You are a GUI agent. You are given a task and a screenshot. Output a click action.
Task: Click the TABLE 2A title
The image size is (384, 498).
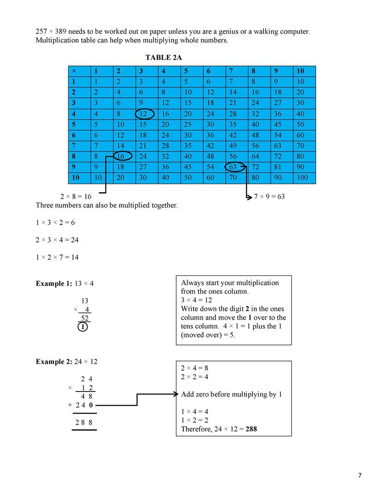(167, 58)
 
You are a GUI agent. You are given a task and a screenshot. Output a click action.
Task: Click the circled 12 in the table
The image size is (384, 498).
(144, 114)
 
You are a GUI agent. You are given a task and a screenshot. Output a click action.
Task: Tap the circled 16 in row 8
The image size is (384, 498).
(121, 157)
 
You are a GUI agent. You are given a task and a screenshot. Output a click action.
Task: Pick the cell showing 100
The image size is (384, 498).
(302, 178)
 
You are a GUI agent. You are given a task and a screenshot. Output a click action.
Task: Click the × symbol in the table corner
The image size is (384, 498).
(74, 71)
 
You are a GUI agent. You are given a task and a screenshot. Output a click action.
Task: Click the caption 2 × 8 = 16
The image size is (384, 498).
(76, 196)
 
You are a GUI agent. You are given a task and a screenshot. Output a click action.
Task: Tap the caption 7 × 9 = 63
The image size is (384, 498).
(269, 196)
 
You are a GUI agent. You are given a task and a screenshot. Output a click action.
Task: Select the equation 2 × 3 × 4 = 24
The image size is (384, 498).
(57, 240)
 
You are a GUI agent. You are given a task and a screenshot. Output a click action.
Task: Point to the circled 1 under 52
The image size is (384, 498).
(82, 327)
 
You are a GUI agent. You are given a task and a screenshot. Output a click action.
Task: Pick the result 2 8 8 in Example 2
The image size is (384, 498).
(84, 422)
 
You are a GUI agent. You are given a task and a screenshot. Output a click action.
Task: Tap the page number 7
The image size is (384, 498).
(360, 475)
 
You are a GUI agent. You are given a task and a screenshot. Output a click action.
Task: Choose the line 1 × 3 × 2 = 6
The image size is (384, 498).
(55, 223)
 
